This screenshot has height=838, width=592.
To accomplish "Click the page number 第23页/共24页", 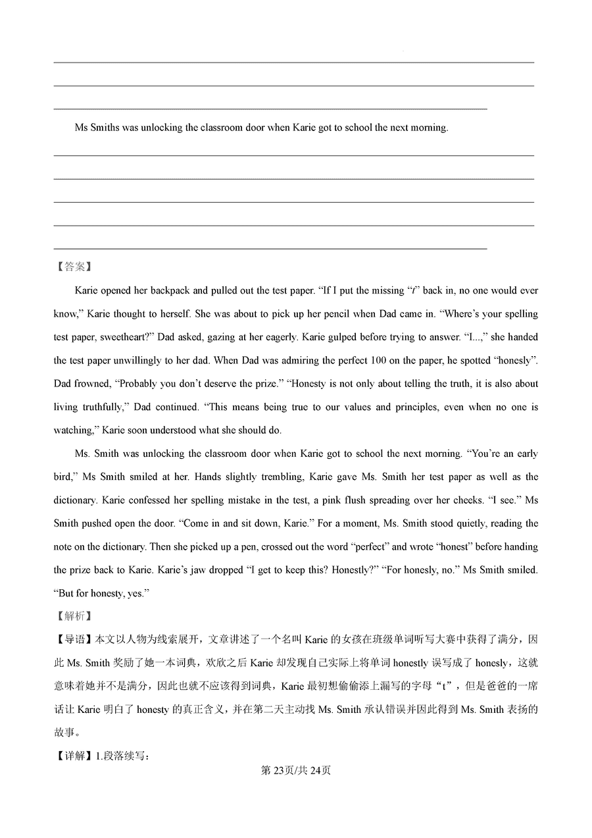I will tap(296, 771).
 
